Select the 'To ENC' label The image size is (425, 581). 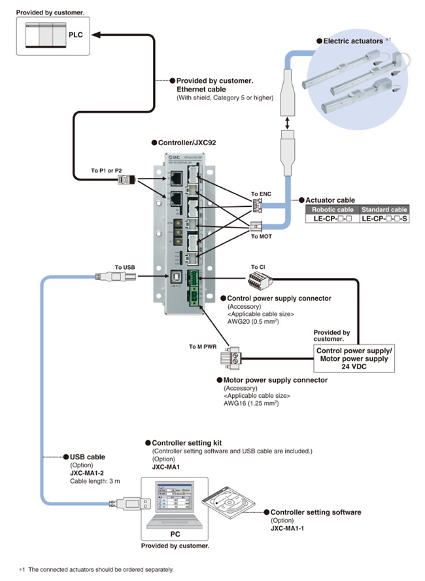tap(261, 194)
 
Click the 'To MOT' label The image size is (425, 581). tap(261, 237)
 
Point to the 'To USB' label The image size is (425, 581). tap(124, 267)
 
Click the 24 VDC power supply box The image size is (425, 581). tap(354, 359)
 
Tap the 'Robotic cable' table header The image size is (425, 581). tap(332, 209)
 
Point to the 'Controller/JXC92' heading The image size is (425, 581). tap(186, 141)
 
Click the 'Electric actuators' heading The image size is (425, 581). tap(354, 41)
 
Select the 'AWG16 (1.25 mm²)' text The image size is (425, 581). tap(252, 404)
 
